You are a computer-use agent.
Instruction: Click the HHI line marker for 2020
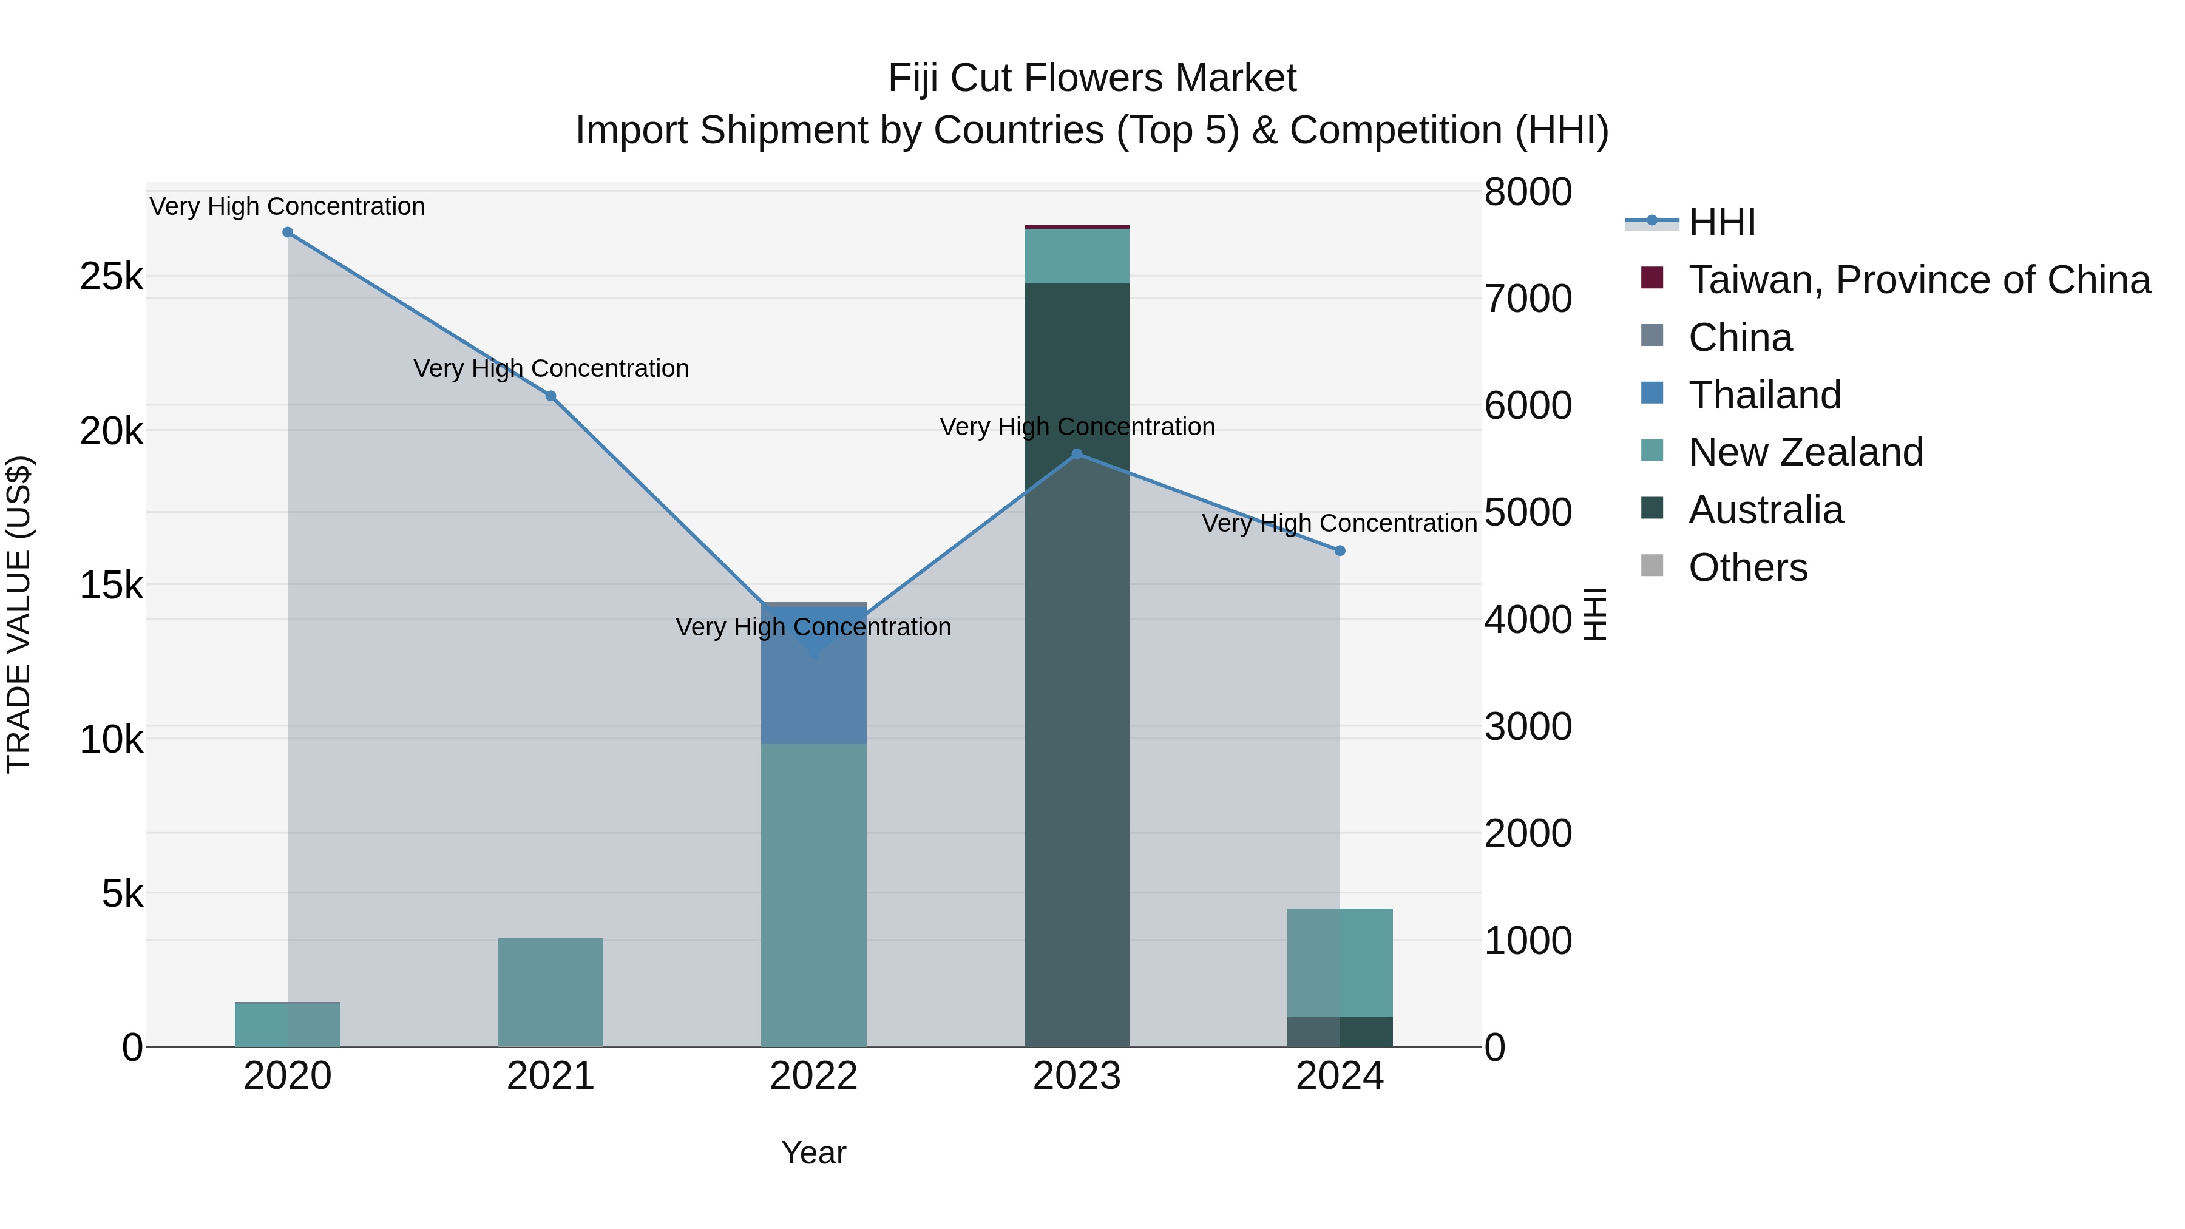click(288, 232)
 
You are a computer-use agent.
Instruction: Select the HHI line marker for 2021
click(550, 396)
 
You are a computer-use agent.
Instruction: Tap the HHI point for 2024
click(1340, 550)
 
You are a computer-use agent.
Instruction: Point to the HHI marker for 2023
click(1077, 454)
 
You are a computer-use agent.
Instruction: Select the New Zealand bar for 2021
click(550, 992)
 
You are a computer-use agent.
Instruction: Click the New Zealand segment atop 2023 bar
click(1077, 256)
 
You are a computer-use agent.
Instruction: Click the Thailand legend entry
click(1764, 395)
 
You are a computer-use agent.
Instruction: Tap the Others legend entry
click(1747, 567)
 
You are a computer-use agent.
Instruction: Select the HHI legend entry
click(1722, 222)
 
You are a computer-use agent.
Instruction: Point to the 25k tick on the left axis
click(112, 277)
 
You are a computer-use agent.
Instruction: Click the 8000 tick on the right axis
click(1528, 192)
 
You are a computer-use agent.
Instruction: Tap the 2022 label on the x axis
click(813, 1076)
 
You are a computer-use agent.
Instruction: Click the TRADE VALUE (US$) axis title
click(19, 614)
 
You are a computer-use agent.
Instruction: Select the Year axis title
click(813, 1153)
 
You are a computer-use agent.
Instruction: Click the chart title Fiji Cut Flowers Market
click(1092, 78)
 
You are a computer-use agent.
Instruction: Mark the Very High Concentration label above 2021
click(550, 369)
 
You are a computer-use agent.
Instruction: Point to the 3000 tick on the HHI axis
click(1528, 727)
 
